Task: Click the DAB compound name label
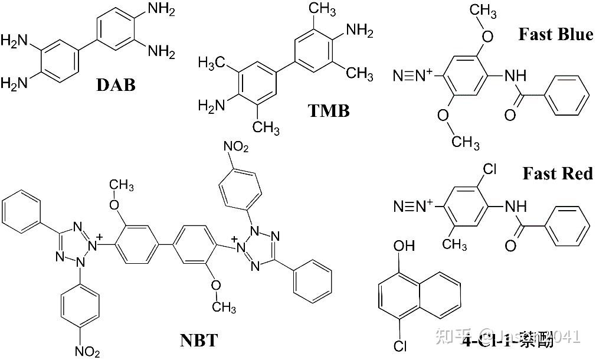[116, 85]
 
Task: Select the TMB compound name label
[329, 110]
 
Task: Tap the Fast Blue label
[555, 34]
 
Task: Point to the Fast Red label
[557, 174]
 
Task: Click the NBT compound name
[199, 340]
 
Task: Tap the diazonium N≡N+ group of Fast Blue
[412, 75]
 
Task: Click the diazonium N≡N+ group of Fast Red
[412, 206]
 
